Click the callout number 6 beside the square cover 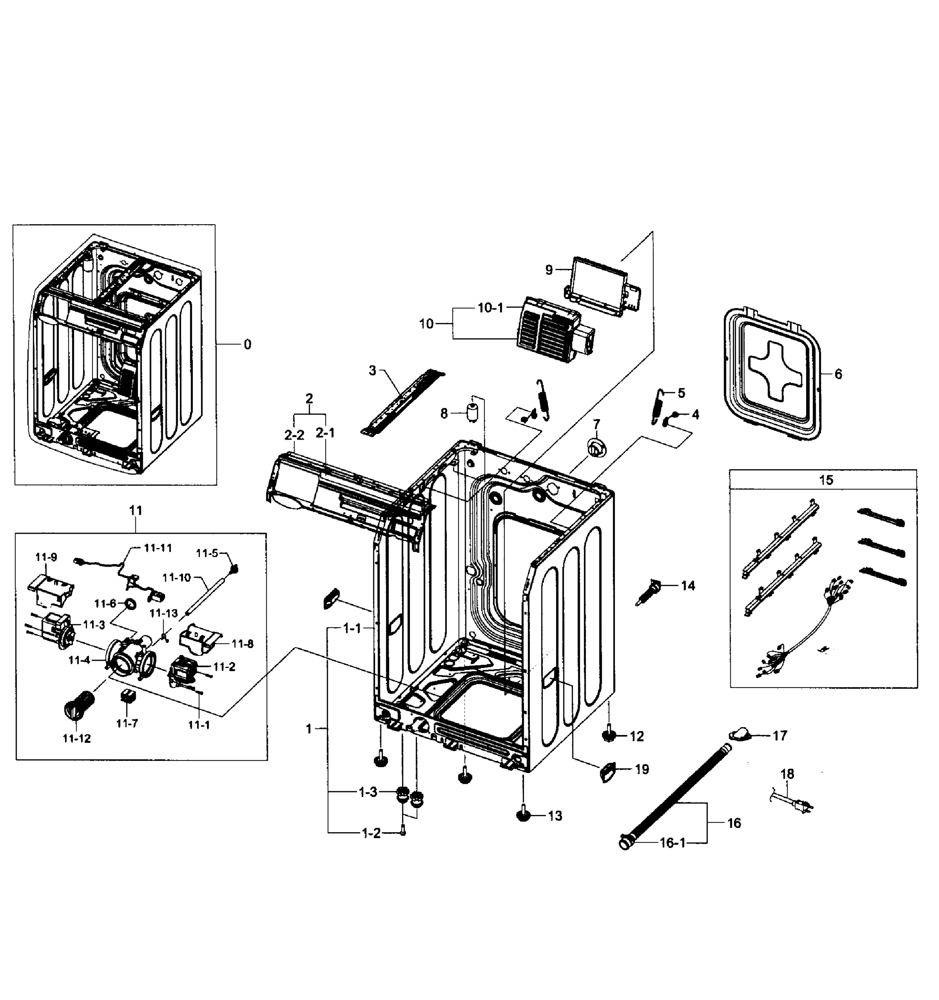838,374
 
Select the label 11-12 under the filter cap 77,738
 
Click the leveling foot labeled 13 524,815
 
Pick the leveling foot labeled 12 609,736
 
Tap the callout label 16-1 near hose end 672,842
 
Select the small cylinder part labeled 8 472,413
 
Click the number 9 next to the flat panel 549,270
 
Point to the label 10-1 490,308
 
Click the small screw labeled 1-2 402,832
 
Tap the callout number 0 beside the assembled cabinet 247,345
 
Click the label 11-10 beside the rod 177,577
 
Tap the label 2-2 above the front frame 294,435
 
